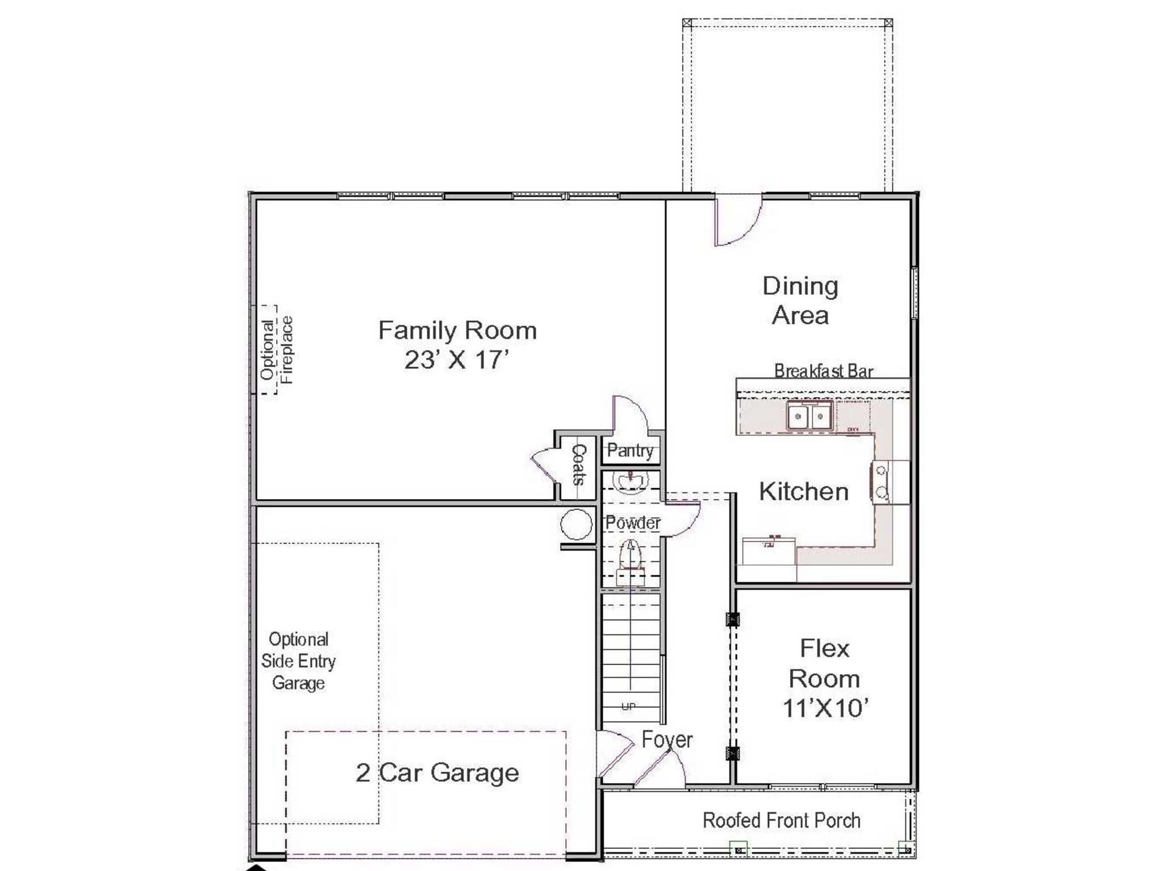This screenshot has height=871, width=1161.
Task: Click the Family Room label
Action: click(457, 331)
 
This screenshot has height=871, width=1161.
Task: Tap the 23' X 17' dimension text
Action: click(457, 360)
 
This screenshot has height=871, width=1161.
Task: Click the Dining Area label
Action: click(800, 301)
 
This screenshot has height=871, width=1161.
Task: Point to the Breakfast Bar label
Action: click(823, 371)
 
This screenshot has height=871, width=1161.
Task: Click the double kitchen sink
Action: click(809, 417)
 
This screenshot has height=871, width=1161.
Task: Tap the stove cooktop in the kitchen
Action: click(882, 482)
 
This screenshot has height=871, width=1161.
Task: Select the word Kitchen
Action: click(803, 492)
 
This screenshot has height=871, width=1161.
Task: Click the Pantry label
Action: click(630, 451)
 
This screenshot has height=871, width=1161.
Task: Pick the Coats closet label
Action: click(579, 464)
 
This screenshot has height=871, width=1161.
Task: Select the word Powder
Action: click(632, 523)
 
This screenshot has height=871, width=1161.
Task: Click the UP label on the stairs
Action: click(628, 707)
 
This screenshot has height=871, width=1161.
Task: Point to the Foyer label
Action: click(667, 740)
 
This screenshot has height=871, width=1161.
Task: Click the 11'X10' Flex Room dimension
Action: click(825, 708)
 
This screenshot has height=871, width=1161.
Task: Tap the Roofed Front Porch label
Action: click(781, 821)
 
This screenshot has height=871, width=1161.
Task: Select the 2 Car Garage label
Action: click(437, 773)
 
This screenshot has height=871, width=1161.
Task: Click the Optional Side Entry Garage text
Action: click(298, 661)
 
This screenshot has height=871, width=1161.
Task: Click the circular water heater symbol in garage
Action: click(576, 525)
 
